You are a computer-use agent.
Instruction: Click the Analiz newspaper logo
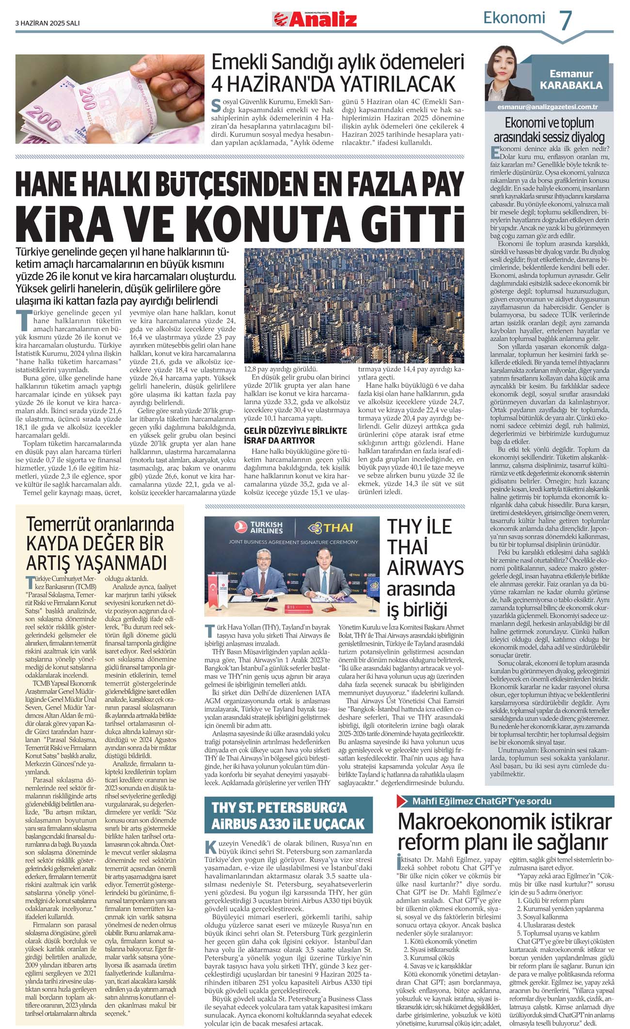tap(315, 19)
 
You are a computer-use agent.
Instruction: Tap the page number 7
tap(566, 20)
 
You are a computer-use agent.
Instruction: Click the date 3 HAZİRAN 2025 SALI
tap(47, 23)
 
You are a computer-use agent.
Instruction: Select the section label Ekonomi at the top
tap(514, 18)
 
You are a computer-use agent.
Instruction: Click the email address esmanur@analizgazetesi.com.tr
tap(548, 107)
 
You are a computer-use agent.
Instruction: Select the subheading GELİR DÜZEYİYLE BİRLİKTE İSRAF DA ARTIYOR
tap(296, 435)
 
